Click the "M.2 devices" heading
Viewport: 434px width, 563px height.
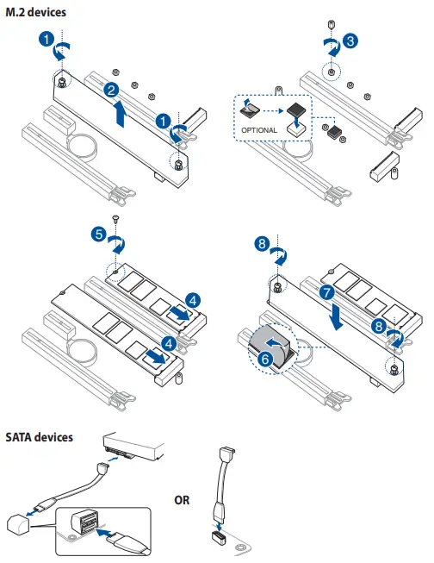click(35, 12)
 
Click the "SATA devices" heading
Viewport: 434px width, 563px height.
click(39, 438)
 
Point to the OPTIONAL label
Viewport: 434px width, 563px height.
click(259, 130)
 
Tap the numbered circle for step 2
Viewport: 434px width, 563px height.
click(111, 91)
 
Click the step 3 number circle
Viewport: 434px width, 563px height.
click(350, 41)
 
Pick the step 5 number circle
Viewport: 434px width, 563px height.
click(99, 234)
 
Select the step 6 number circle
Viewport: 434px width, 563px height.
click(266, 359)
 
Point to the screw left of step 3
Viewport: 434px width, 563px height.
click(332, 24)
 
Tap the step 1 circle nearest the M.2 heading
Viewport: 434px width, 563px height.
click(48, 39)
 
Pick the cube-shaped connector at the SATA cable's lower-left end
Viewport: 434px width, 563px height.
click(15, 522)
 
